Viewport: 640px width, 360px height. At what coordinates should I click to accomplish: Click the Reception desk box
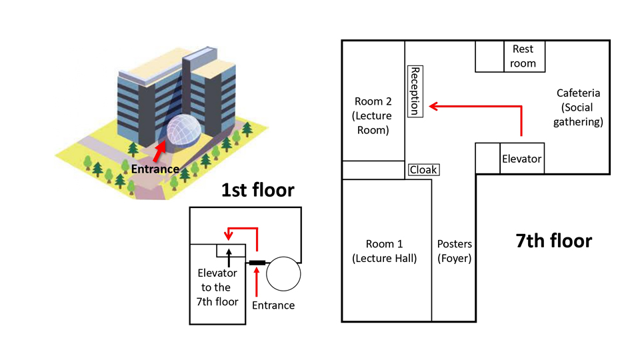point(415,91)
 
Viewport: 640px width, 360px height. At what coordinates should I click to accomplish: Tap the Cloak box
point(424,169)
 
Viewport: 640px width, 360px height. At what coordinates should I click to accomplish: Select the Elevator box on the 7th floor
point(522,159)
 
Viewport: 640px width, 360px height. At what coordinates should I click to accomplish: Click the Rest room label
point(523,56)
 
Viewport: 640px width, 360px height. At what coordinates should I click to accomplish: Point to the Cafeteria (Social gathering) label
point(578,107)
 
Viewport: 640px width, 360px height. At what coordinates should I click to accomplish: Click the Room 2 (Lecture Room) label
point(373,115)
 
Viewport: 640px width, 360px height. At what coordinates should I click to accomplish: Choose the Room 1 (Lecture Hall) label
point(385,251)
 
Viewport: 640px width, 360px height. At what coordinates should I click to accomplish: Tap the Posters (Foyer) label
point(454,251)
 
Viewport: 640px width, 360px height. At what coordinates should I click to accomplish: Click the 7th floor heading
point(554,241)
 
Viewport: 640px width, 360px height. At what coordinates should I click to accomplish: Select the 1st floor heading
point(257,190)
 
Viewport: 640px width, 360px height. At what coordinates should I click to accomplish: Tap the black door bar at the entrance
point(257,263)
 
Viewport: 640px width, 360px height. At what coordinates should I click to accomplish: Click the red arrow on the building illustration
point(159,151)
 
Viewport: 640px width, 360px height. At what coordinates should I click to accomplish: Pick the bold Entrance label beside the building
point(155,169)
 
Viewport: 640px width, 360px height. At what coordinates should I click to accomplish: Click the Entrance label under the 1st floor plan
point(273,305)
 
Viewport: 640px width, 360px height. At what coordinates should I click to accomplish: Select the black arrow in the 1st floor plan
point(229,257)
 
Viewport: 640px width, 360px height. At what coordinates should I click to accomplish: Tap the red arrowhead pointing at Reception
point(433,107)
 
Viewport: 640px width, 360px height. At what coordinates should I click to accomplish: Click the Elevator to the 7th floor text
point(217,287)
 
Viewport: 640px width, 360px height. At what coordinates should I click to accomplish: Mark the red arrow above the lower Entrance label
point(256,281)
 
